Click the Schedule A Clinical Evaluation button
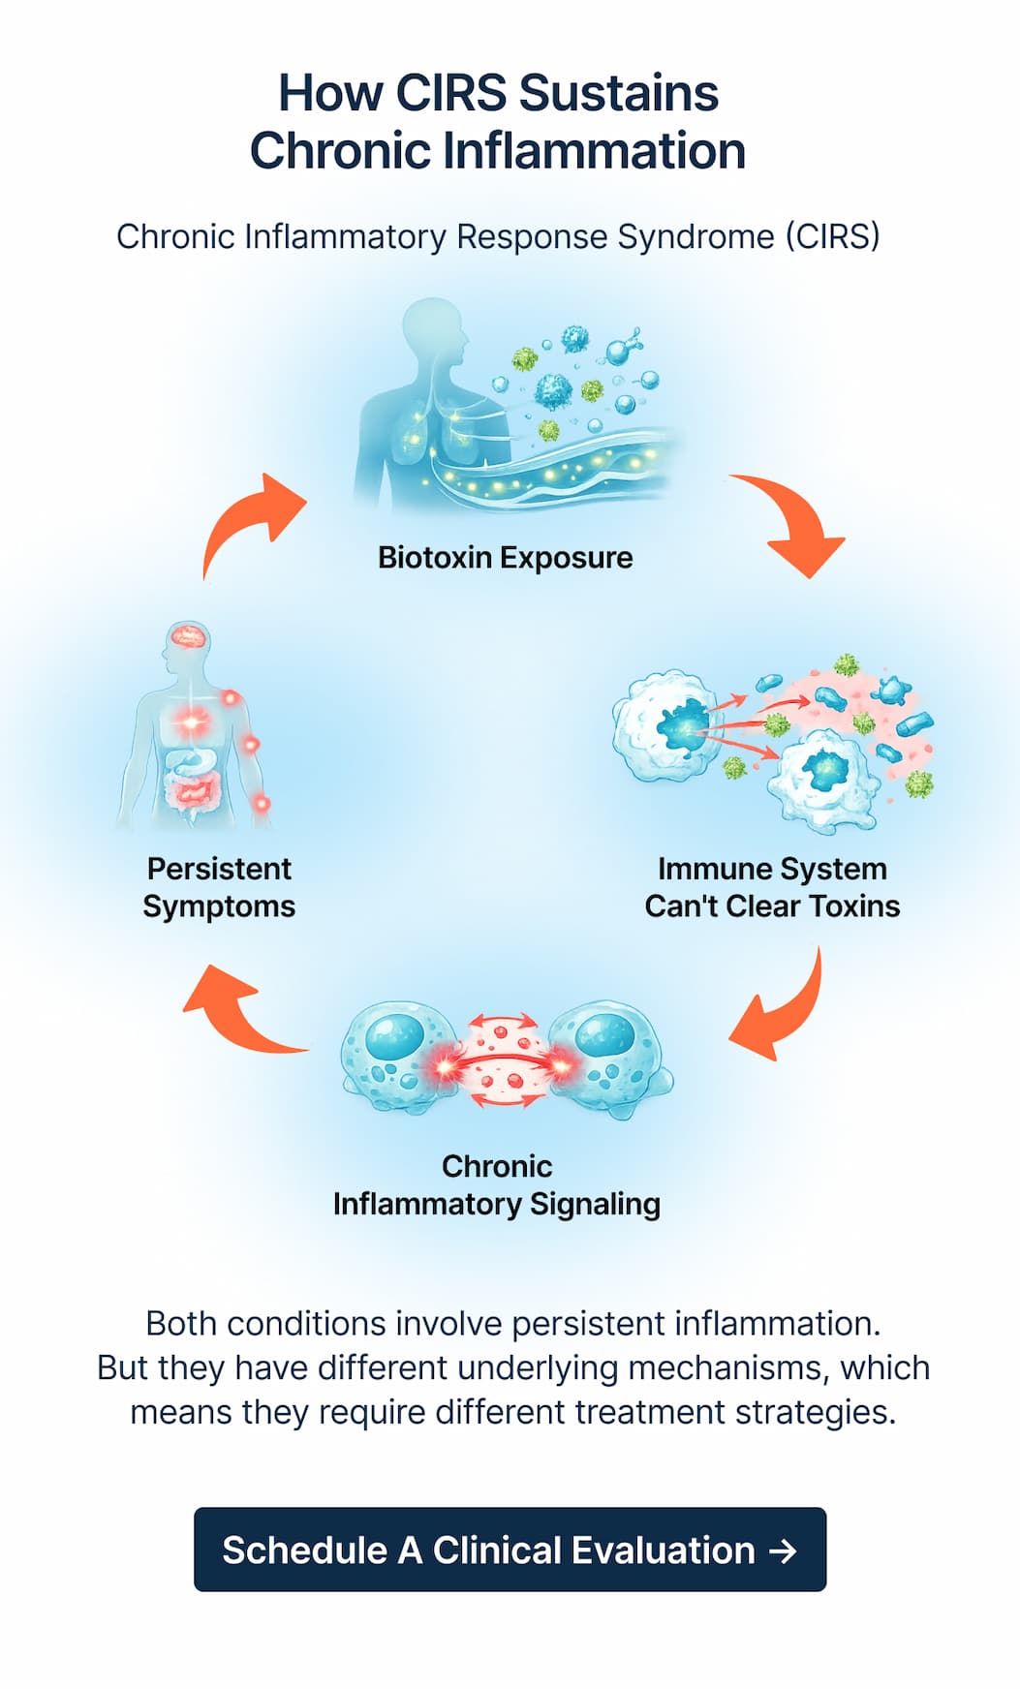510,1550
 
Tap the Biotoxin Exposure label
505,558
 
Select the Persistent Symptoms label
219,887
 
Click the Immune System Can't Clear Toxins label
772,887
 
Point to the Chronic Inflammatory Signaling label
497,1185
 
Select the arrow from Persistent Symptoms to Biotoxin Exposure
250,523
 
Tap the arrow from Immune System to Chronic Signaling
783,1011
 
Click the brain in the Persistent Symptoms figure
188,636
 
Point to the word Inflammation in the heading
595,152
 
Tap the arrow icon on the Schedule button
783,1551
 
